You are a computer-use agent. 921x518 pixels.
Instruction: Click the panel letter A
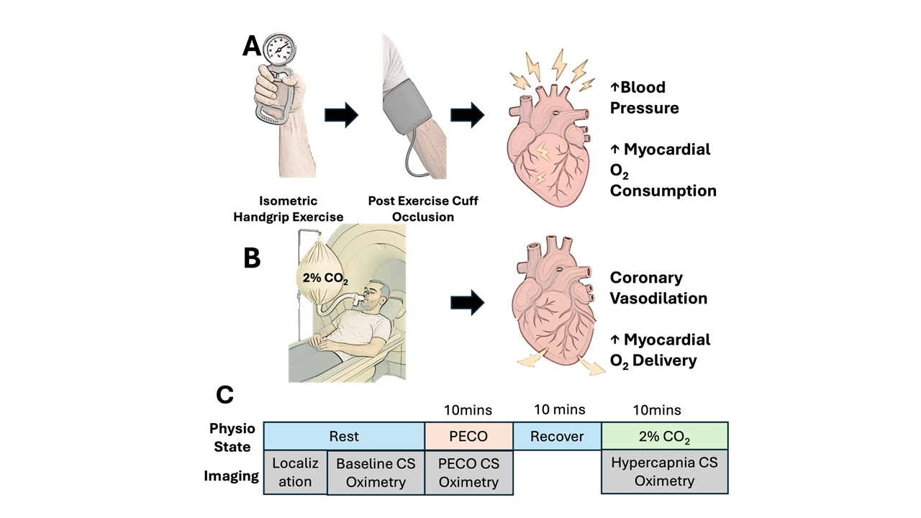point(253,45)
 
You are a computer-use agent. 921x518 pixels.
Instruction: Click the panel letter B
point(251,258)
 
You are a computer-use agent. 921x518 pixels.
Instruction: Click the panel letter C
point(224,394)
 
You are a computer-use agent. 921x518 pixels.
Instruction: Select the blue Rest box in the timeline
point(344,437)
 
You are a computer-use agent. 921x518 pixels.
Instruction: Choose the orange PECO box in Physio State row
point(468,437)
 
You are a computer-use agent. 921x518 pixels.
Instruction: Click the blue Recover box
point(557,437)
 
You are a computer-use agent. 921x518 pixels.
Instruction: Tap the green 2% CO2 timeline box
point(665,437)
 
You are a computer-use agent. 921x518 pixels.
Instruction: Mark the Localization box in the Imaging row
point(295,473)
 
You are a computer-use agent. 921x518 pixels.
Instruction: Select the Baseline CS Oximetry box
point(376,473)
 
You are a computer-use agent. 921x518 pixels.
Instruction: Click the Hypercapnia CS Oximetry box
point(665,472)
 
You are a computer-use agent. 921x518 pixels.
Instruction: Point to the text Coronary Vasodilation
point(658,288)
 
